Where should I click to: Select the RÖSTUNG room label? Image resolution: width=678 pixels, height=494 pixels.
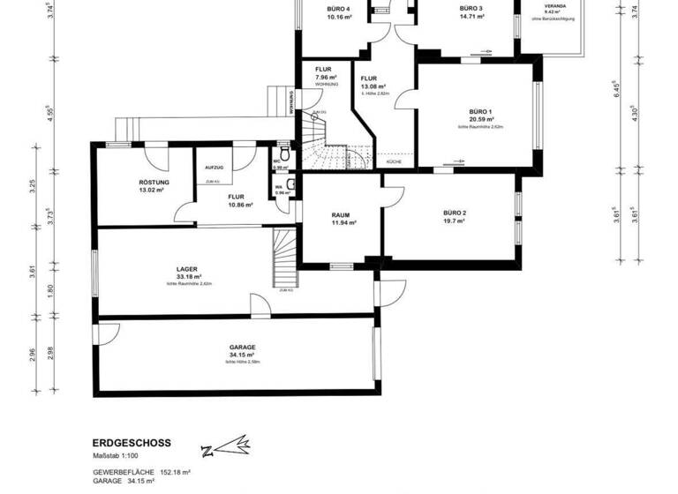click(x=154, y=183)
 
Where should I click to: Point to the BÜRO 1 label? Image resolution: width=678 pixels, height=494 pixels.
click(x=480, y=111)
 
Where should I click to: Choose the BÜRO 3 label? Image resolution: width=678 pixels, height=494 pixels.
click(x=471, y=9)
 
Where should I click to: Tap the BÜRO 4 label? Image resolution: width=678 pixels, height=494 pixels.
click(x=339, y=9)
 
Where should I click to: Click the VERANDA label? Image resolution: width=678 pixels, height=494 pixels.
click(x=555, y=5)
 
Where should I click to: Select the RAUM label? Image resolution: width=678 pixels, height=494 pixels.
click(x=341, y=214)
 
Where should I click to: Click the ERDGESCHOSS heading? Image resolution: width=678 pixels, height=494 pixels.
click(x=132, y=443)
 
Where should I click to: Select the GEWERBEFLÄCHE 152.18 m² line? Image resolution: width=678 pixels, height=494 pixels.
click(x=142, y=472)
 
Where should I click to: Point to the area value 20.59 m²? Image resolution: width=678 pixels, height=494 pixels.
click(x=481, y=119)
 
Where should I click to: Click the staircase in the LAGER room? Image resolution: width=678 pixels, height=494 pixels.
click(x=283, y=256)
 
